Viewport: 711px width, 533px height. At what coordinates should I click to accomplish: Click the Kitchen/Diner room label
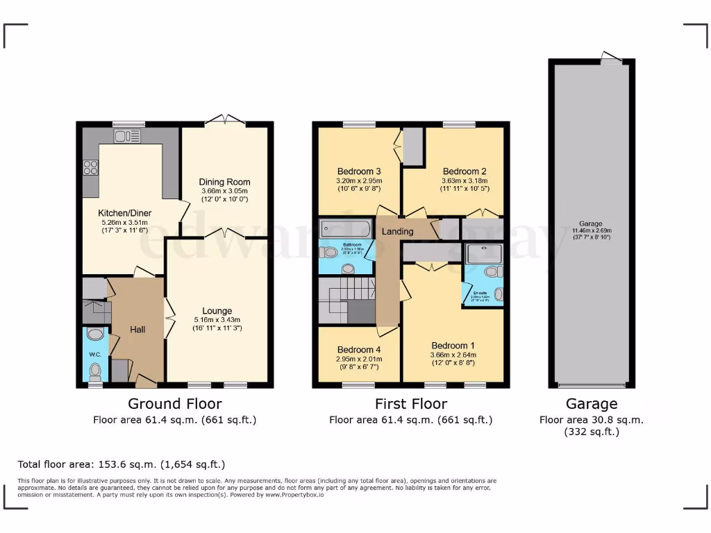coord(125,213)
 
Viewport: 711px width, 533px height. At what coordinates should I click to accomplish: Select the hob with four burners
coord(91,167)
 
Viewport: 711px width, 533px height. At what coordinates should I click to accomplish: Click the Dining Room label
coord(224,182)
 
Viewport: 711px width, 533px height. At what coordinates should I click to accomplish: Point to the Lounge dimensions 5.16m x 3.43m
coord(217,320)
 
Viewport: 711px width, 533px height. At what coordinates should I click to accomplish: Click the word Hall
coord(137,330)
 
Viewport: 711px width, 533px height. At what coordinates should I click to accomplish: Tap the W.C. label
coord(95,355)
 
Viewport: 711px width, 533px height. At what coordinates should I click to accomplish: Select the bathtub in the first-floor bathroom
coord(345,228)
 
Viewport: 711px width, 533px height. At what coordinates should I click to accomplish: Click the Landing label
coord(398,231)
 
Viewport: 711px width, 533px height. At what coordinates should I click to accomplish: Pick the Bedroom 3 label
coord(359,171)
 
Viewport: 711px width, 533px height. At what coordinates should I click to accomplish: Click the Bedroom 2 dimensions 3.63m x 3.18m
coord(464,180)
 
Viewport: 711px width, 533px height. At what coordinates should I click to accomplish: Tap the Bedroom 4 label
coord(359,349)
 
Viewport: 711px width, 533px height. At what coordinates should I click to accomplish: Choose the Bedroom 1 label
coord(453,346)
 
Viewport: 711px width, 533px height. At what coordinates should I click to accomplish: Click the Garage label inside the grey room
coord(591,223)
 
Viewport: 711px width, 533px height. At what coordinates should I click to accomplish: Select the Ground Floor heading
coord(175,404)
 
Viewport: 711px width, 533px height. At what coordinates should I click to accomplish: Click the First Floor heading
coord(411,404)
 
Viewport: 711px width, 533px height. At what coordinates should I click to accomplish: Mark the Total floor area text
coord(122,464)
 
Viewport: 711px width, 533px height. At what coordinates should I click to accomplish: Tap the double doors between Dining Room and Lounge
coord(224,234)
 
